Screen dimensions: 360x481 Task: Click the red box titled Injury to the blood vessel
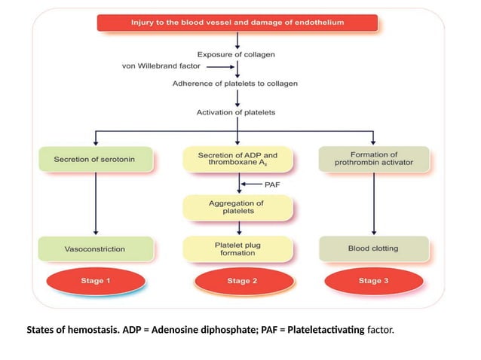237,23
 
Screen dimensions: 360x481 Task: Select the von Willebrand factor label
157,66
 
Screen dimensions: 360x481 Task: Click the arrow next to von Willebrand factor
213,66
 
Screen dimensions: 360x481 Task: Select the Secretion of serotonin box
95,160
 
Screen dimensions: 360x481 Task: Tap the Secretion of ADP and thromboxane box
237,160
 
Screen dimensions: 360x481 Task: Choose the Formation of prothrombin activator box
375,160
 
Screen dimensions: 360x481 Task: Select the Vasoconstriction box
95,248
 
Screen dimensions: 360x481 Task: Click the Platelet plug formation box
237,248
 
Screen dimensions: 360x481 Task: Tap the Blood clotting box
375,248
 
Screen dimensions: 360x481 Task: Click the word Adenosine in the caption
178,331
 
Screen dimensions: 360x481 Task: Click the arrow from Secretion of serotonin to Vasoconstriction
95,203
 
